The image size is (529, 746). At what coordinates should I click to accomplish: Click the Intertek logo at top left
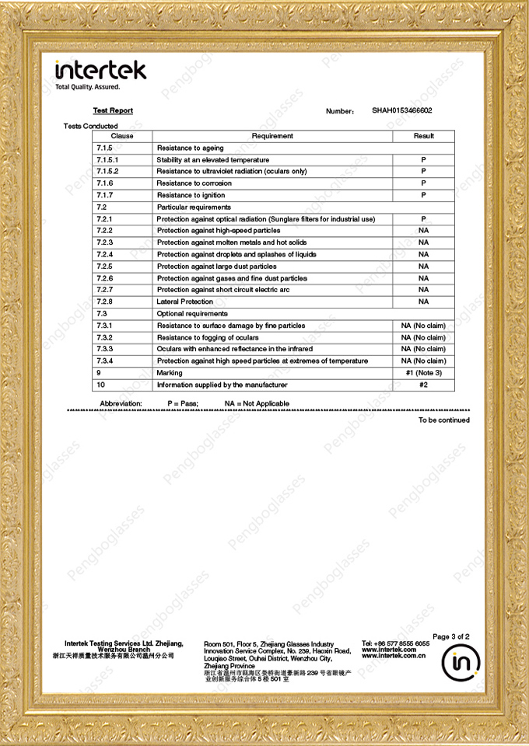[100, 71]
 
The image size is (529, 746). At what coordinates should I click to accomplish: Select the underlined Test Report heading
[113, 111]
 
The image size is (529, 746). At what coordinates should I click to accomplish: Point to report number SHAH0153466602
[401, 111]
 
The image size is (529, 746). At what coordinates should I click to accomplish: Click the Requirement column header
[272, 136]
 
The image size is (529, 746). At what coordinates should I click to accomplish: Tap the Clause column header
[122, 136]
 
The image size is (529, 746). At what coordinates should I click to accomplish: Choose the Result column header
[423, 136]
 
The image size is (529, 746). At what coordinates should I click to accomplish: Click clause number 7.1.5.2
[107, 171]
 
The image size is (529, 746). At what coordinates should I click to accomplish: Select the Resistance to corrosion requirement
[194, 183]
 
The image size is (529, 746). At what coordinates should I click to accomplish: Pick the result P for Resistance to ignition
[423, 195]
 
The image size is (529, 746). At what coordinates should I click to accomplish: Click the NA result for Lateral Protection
[423, 302]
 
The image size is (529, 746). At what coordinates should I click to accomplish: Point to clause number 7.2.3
[104, 242]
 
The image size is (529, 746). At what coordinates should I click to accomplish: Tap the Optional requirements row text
[192, 313]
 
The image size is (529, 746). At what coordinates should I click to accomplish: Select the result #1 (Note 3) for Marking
[423, 373]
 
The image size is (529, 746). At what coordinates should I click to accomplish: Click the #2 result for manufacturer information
[423, 385]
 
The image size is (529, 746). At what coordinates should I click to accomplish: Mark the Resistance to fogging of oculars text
[208, 337]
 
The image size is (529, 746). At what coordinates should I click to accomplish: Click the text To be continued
[443, 420]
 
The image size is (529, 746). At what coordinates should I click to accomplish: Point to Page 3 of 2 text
[450, 636]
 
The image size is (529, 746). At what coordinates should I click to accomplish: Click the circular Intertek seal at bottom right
[461, 662]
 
